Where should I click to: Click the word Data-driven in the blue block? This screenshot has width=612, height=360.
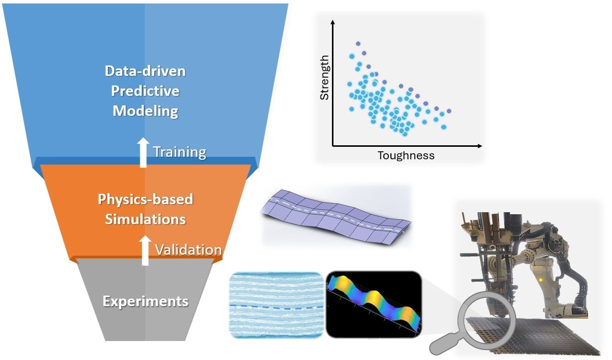(x=145, y=71)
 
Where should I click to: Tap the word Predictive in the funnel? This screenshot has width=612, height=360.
(x=145, y=91)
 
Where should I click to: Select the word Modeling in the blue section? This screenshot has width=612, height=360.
(x=146, y=111)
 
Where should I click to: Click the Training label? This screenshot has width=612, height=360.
(x=180, y=152)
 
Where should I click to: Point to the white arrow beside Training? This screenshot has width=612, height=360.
(x=143, y=153)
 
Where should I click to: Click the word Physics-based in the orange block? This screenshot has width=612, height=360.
(x=145, y=199)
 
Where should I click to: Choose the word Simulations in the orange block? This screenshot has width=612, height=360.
(x=145, y=219)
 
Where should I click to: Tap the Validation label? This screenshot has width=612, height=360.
(x=188, y=250)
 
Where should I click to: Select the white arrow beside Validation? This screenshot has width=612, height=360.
(x=145, y=250)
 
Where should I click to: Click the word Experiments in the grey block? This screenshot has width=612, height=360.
(x=145, y=302)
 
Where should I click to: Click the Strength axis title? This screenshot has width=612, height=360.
(x=324, y=77)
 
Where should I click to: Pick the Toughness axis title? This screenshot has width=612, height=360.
(x=406, y=156)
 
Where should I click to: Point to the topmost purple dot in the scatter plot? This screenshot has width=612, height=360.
(x=358, y=43)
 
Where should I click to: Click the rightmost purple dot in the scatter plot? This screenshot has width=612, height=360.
(x=449, y=111)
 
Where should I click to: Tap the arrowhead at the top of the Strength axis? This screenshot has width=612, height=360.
(x=332, y=22)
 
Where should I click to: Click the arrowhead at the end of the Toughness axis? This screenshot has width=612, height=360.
(x=480, y=146)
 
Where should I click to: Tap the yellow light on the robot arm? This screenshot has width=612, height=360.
(x=541, y=280)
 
